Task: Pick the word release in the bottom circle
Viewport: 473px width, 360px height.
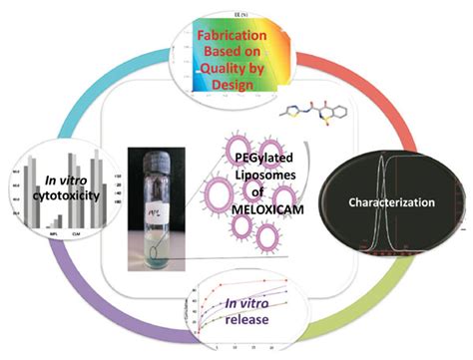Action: [236, 309]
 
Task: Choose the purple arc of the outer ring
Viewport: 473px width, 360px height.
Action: [90, 299]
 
